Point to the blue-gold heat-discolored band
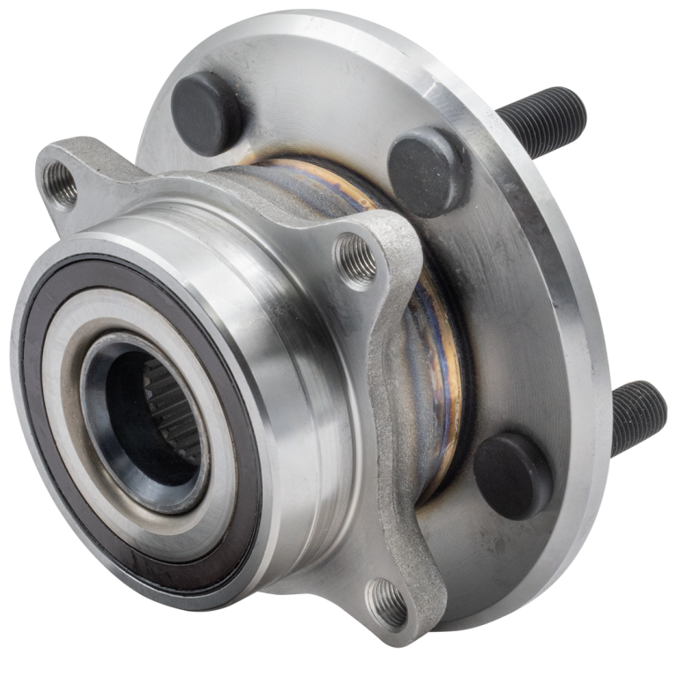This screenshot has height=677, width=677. pyautogui.click(x=441, y=353)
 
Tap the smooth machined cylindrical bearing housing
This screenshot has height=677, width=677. pyautogui.click(x=291, y=370)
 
